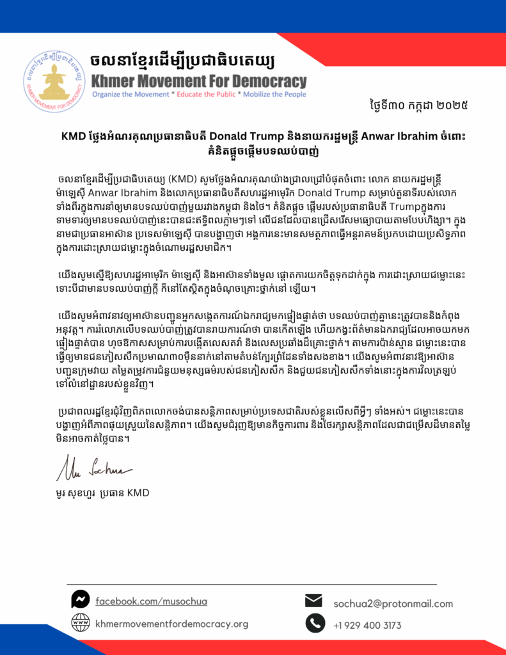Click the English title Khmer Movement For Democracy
(x=199, y=81)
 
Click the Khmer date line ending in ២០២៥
(x=425, y=103)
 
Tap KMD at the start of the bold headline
(x=74, y=136)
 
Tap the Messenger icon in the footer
(x=80, y=599)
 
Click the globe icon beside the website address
(x=80, y=622)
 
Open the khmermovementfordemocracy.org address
(x=171, y=624)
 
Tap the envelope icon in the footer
(x=313, y=601)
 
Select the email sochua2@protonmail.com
(x=393, y=603)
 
